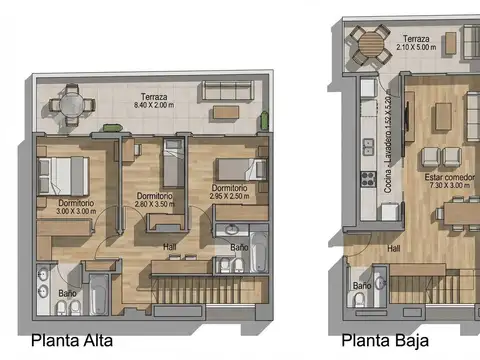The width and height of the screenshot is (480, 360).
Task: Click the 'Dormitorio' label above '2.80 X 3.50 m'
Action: [154, 196]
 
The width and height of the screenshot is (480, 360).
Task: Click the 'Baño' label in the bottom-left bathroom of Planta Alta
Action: [67, 293]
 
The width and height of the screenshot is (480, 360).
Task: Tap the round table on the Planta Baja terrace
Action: [371, 45]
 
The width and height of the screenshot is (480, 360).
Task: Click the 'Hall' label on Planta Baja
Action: [394, 248]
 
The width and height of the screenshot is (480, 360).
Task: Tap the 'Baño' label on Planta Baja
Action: [361, 286]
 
